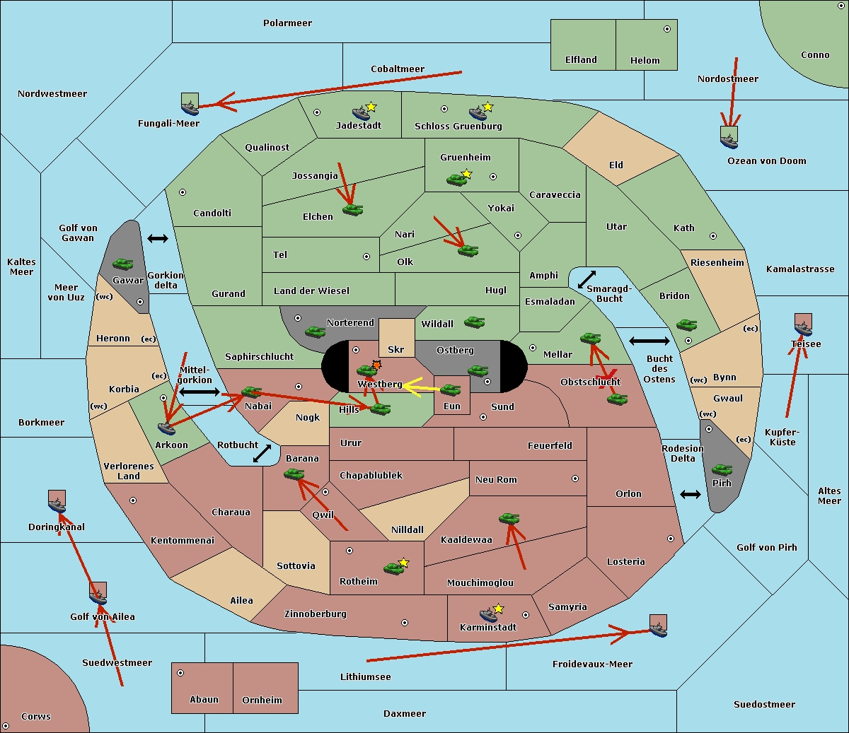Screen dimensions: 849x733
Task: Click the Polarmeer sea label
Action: (287, 23)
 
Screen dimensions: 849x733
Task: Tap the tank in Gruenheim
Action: (456, 180)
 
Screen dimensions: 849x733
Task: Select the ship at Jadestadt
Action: (362, 113)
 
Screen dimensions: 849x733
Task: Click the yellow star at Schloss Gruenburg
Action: (487, 107)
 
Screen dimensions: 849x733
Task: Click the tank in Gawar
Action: (122, 264)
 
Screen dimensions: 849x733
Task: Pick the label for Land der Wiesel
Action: (311, 291)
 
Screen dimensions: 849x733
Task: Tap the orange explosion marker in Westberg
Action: (376, 365)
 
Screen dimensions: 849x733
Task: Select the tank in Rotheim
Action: (393, 568)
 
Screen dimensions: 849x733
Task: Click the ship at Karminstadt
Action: (488, 615)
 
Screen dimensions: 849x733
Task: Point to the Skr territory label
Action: (396, 349)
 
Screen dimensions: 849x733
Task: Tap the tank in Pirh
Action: (722, 469)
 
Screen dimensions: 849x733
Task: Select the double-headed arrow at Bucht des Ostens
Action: (649, 341)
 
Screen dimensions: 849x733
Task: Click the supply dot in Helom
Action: (667, 29)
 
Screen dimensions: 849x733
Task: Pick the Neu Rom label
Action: (496, 479)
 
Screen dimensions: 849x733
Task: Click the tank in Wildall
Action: (475, 322)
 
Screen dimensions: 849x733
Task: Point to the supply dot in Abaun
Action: (180, 673)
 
